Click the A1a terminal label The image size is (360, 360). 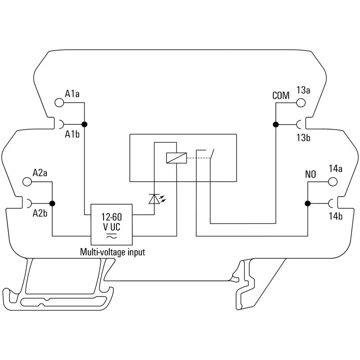[72, 94]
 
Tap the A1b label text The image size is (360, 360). [72, 134]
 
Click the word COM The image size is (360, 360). [281, 96]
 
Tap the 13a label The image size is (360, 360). [303, 90]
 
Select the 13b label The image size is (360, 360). [303, 138]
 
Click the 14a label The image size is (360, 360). [336, 169]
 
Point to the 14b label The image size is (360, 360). [336, 216]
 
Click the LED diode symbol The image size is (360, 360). [154, 199]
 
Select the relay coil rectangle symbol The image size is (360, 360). [175, 158]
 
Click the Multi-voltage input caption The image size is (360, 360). [112, 252]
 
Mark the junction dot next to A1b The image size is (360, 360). [84, 124]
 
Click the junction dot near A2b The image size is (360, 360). [52, 203]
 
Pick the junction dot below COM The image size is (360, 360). [275, 124]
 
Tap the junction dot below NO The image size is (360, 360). [308, 203]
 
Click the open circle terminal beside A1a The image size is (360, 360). [59, 103]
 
